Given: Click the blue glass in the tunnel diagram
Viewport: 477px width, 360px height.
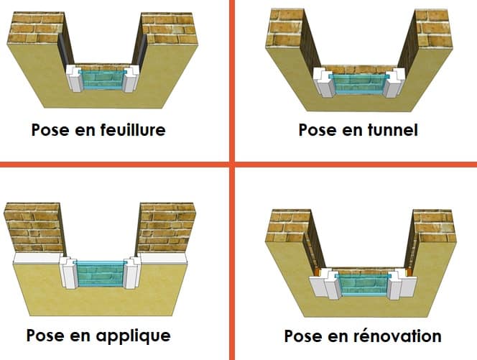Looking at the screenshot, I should (356, 83).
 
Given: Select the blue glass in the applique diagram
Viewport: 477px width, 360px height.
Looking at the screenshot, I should (101, 273).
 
